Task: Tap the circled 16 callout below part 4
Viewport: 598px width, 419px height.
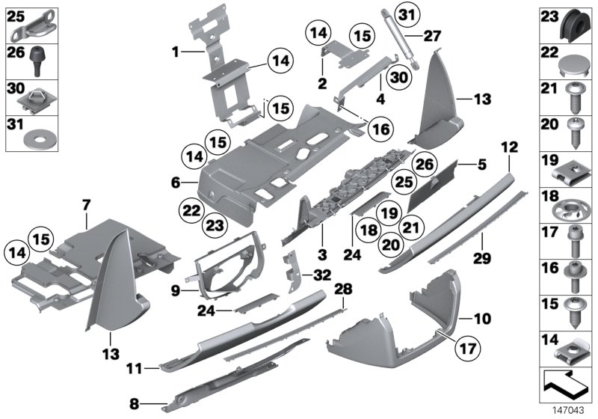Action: pos(380,129)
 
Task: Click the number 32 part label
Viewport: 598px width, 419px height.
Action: pos(322,275)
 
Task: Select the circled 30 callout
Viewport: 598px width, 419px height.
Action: pos(398,76)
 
